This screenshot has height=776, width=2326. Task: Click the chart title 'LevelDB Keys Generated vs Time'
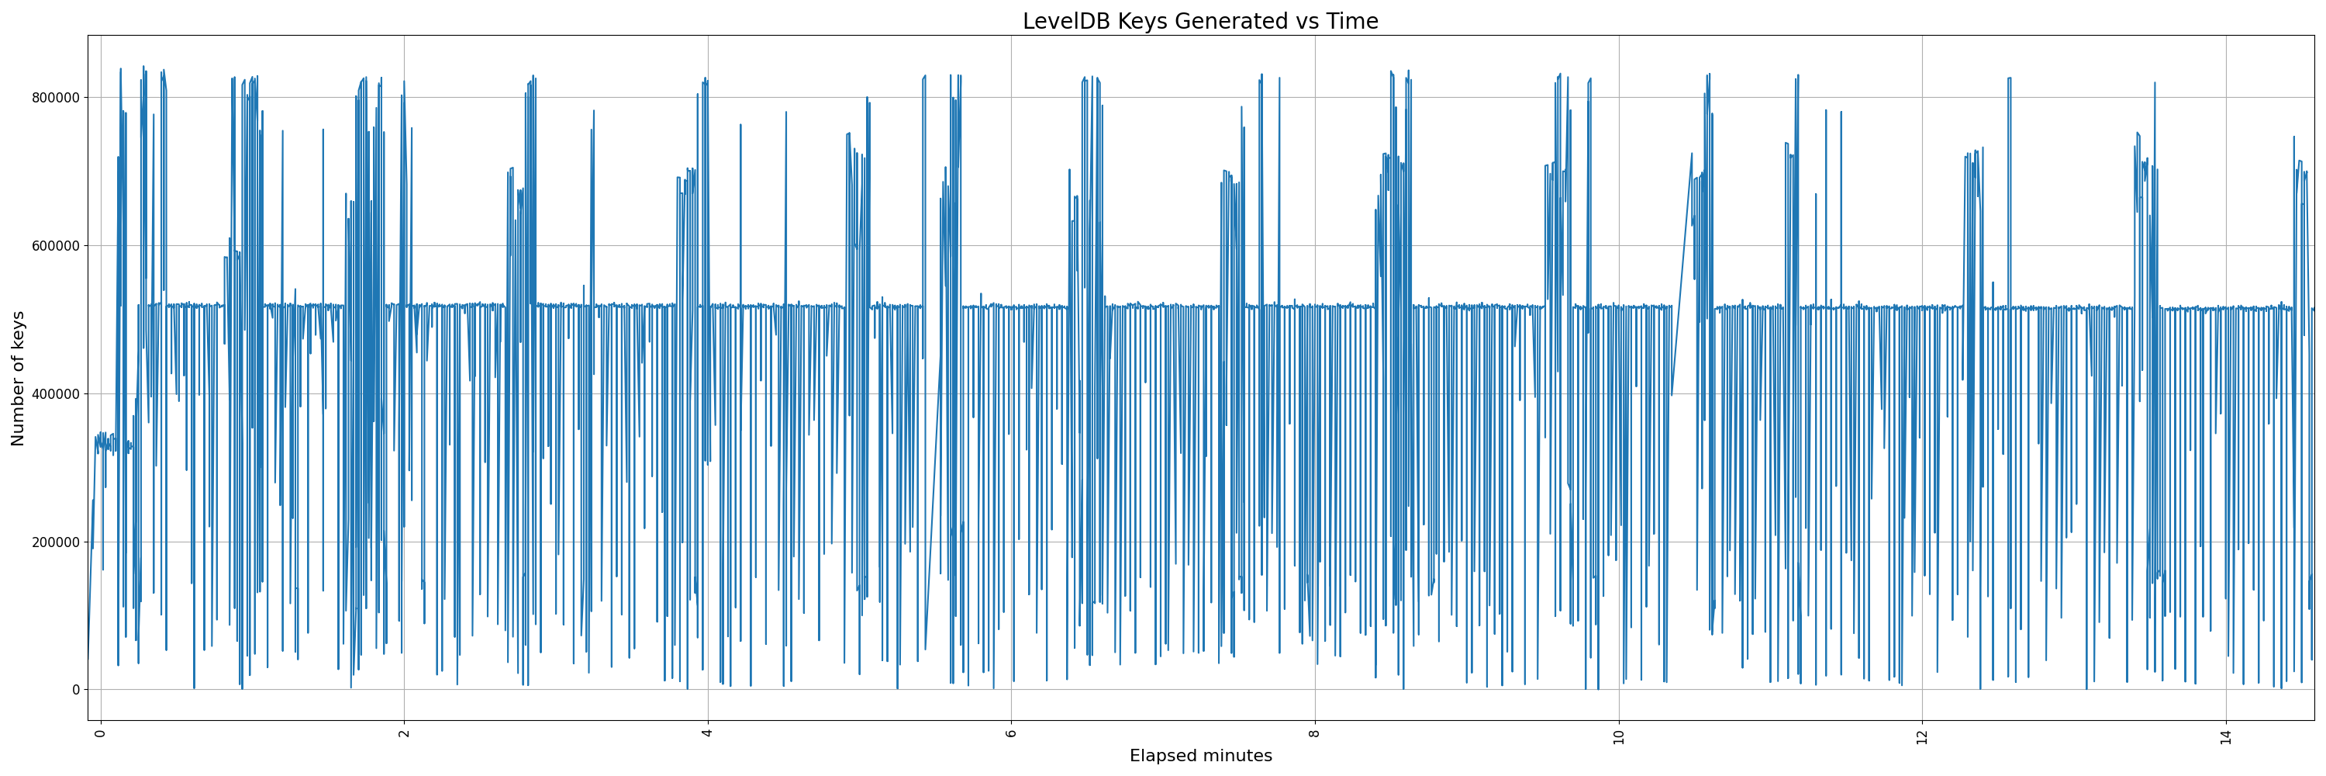pos(1200,21)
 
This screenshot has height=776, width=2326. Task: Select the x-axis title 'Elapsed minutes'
pos(1200,756)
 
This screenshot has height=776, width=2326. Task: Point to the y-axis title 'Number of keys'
pos(18,378)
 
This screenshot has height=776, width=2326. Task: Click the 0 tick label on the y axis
pos(75,690)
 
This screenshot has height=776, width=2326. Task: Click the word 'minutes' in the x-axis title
pos(1235,756)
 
